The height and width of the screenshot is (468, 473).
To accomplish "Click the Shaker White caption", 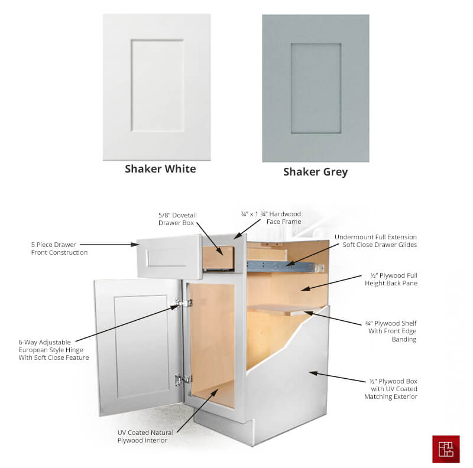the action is click(x=160, y=169).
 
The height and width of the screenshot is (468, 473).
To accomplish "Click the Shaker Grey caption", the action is click(x=315, y=172).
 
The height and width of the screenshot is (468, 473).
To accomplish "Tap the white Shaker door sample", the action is click(x=157, y=87).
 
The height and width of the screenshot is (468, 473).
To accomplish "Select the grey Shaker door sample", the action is click(x=316, y=88).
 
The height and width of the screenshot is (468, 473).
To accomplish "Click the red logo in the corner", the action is click(x=446, y=449).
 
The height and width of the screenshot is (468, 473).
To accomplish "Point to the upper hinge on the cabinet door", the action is click(x=182, y=303).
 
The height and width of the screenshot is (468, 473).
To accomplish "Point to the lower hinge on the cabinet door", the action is click(x=183, y=379).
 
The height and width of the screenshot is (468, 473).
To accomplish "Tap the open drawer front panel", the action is click(x=170, y=256).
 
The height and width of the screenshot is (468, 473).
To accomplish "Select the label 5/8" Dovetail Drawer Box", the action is click(x=177, y=219).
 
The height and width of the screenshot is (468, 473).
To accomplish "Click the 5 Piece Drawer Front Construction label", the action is click(x=60, y=248).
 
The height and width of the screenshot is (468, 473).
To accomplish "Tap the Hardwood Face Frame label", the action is click(x=271, y=217).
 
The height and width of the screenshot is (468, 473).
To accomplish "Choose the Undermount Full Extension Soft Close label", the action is click(x=375, y=241).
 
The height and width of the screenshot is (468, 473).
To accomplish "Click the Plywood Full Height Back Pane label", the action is click(x=391, y=279).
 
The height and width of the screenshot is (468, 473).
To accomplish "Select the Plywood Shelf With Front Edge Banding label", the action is click(x=391, y=331).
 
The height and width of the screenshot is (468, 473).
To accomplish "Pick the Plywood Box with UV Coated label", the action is click(x=391, y=389).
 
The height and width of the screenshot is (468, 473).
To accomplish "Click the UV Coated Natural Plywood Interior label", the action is click(x=145, y=436).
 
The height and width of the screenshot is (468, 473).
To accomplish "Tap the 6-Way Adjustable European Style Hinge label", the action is click(x=54, y=350).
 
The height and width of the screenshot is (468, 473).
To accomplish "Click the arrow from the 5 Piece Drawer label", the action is click(x=109, y=245).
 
